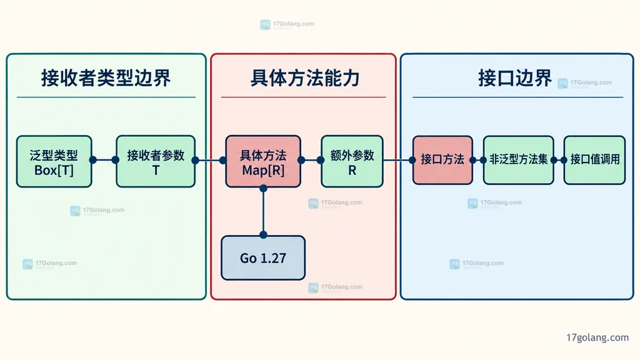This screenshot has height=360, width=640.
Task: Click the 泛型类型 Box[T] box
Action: click(54, 162)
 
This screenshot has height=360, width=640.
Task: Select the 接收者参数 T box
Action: click(156, 162)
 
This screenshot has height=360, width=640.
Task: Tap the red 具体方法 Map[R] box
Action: click(263, 162)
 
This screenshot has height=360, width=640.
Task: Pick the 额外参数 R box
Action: click(352, 162)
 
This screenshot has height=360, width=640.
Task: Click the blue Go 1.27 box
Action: click(263, 258)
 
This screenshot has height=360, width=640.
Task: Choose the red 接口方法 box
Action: click(443, 160)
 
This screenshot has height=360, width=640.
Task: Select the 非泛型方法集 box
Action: click(518, 160)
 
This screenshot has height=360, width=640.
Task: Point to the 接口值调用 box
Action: click(595, 160)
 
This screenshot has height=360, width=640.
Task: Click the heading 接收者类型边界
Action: click(106, 78)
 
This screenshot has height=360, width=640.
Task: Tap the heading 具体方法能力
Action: click(304, 78)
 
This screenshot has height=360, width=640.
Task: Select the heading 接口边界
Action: click(515, 78)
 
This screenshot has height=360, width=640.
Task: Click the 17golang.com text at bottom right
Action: click(597, 337)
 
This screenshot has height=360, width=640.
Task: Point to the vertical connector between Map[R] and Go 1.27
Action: click(263, 211)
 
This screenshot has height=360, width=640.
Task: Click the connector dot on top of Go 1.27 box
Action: click(263, 235)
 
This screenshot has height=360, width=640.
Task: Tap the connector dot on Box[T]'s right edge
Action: click(93, 160)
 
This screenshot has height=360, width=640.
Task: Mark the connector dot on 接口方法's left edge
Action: click(412, 160)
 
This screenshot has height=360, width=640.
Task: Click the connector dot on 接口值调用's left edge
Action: click(564, 160)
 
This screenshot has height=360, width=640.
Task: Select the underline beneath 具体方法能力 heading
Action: click(303, 97)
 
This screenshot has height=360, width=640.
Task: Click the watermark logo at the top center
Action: click(265, 25)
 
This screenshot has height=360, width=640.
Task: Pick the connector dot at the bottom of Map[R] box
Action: click(263, 188)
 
